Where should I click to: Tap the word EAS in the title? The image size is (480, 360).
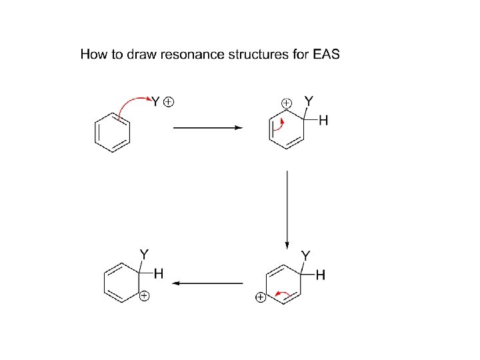coord(326,54)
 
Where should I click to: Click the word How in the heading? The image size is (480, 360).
coord(93,54)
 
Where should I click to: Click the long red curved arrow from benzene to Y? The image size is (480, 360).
coord(131,103)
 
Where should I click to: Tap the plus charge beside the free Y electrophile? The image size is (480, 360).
coord(169,102)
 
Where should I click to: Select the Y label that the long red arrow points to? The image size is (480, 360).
coord(155,103)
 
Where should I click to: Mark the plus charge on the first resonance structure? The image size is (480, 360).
coord(286,103)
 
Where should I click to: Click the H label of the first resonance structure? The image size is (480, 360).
coord(324,121)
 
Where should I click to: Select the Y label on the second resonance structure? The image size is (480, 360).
coord(305,255)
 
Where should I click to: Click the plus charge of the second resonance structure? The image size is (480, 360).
coord(260,297)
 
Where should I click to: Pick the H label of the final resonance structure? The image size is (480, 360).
coord(159,273)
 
